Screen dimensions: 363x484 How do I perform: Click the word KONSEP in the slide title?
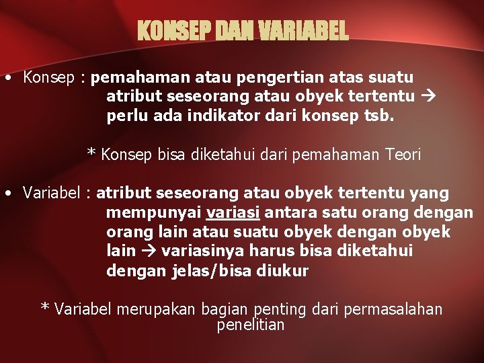(x=165, y=30)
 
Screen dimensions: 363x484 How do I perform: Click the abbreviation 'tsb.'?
(x=380, y=116)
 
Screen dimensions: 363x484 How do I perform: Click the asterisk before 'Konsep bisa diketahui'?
(x=91, y=153)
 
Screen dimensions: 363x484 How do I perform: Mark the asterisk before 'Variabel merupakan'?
(x=45, y=308)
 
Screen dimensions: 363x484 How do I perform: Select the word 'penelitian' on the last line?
(x=251, y=325)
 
